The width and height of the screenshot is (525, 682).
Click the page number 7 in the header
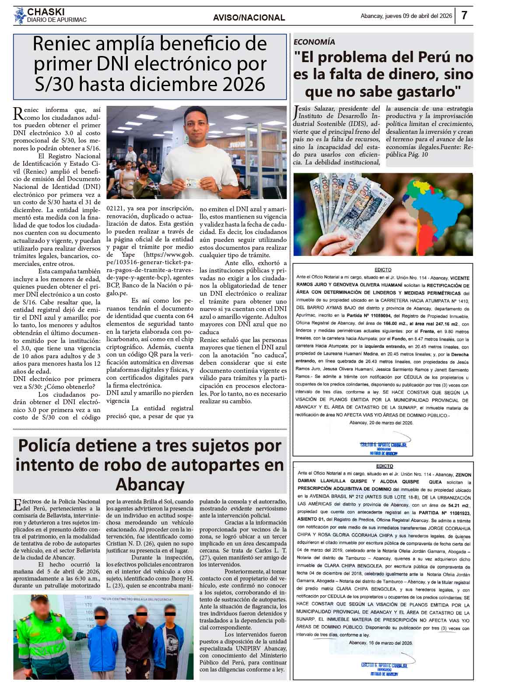(464, 16)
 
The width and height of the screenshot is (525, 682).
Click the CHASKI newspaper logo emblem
(19, 16)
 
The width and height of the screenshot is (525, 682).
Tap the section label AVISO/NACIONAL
(249, 18)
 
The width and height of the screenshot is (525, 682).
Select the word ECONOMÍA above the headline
(315, 42)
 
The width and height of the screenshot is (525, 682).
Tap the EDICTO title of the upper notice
(383, 270)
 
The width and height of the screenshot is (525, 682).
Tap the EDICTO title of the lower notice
(383, 466)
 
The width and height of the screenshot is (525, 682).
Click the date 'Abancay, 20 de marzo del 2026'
(381, 423)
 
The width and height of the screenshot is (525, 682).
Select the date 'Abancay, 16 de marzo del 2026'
(381, 643)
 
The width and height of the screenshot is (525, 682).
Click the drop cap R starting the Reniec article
(18, 113)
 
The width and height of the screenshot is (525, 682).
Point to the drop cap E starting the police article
(17, 505)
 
